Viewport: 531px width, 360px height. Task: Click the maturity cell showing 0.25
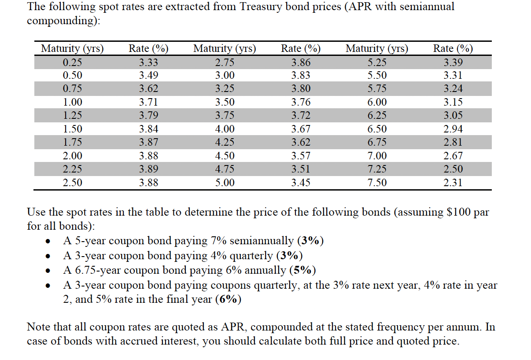click(x=72, y=62)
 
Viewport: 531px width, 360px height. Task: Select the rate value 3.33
click(x=148, y=62)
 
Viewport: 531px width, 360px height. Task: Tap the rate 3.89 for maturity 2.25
click(x=148, y=169)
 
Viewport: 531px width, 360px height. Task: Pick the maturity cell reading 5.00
click(x=225, y=183)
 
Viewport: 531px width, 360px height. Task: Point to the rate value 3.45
click(x=301, y=183)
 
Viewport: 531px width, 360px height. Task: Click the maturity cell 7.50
click(x=377, y=183)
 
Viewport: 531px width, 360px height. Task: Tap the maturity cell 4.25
click(x=225, y=143)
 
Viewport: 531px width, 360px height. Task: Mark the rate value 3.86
click(x=301, y=62)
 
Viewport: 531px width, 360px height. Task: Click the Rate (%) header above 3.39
click(x=453, y=48)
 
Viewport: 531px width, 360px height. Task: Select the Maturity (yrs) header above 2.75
click(x=225, y=48)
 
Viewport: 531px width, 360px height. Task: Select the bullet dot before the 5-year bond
click(x=49, y=242)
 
